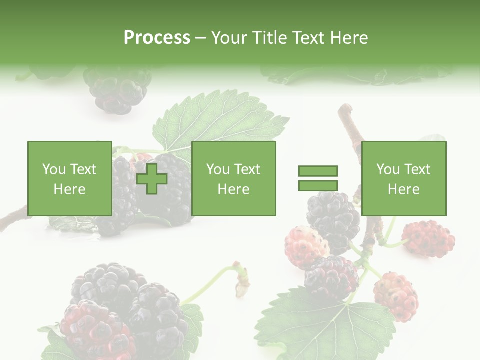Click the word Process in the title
[x=157, y=38]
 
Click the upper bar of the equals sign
[x=318, y=171]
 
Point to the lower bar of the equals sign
[x=318, y=185]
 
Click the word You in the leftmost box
[x=54, y=169]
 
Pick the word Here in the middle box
[x=233, y=189]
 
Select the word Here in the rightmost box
[x=403, y=189]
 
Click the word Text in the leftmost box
[x=83, y=169]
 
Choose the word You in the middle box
[x=218, y=169]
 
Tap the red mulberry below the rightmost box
[x=428, y=238]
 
